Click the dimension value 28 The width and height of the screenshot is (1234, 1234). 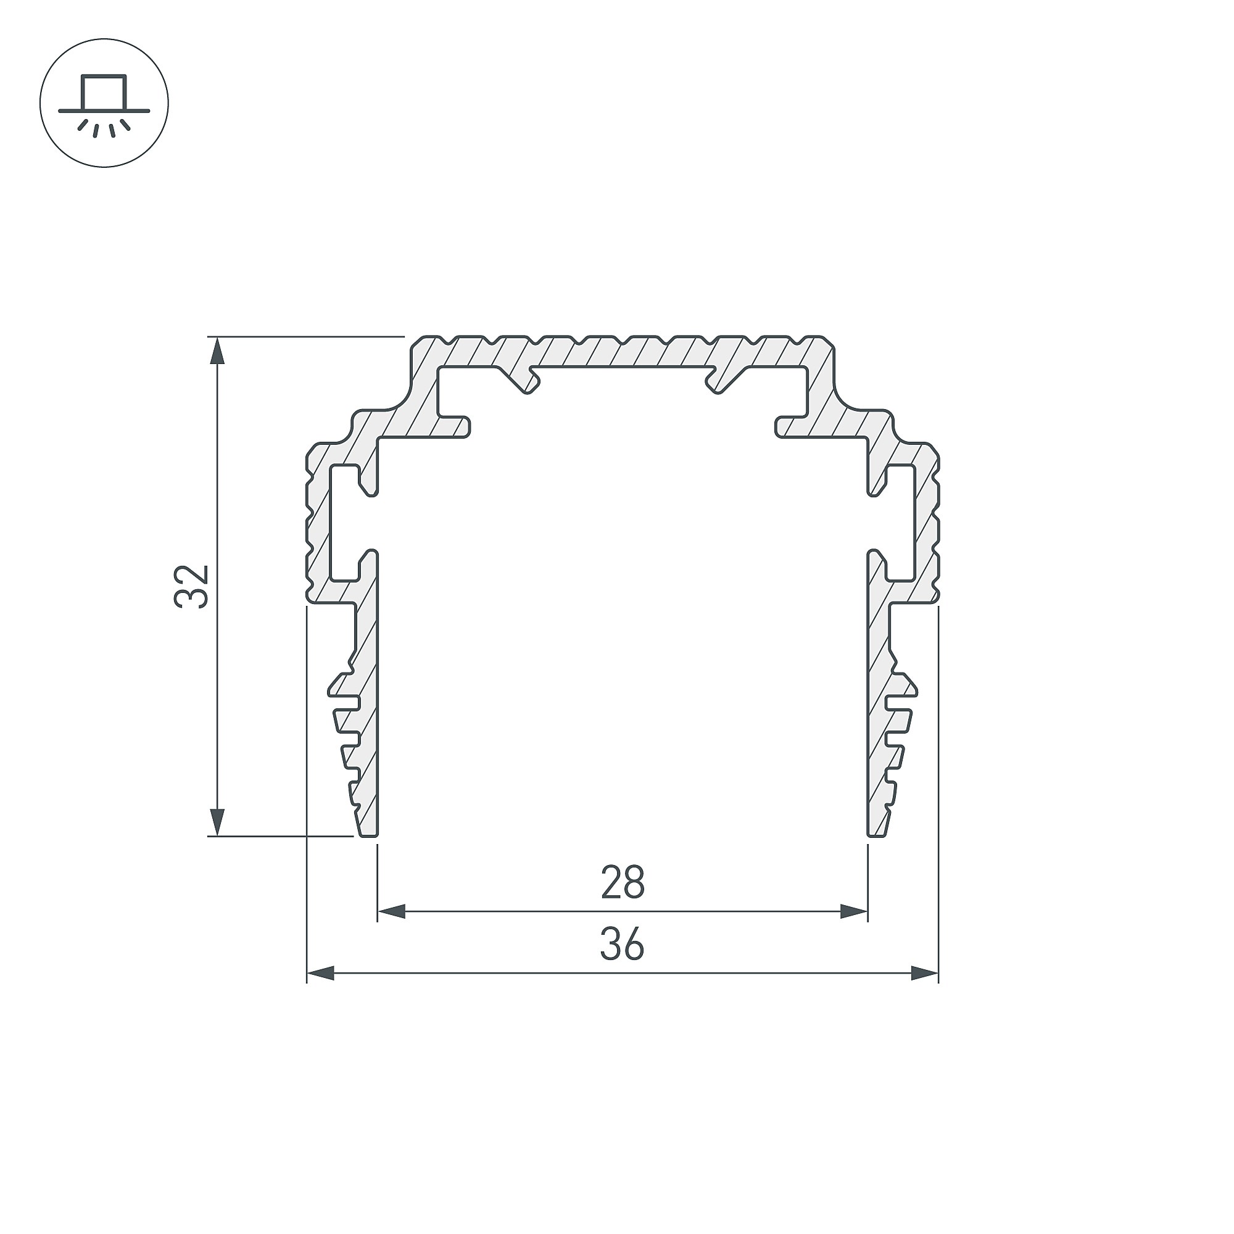623,882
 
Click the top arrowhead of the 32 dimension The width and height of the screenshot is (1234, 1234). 218,351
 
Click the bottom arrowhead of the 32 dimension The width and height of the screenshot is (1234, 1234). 218,821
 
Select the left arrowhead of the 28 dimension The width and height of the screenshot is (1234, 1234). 392,911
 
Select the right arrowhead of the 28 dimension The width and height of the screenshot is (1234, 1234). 854,911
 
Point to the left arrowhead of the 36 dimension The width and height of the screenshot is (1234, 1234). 321,974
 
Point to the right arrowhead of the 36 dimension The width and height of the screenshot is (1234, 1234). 924,974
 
